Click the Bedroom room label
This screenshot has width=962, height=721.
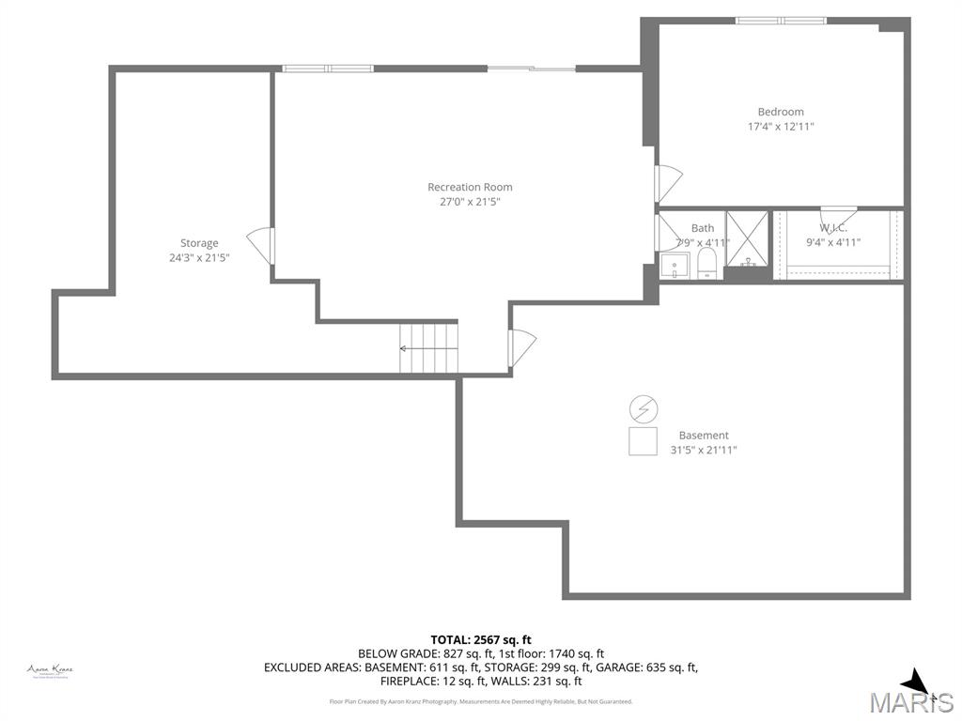click(781, 112)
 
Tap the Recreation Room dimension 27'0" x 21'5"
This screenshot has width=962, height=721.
click(470, 201)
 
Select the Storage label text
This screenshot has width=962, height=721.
click(199, 243)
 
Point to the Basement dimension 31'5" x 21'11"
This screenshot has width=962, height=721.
click(704, 450)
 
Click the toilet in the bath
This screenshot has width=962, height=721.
click(708, 265)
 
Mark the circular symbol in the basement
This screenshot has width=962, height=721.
click(644, 408)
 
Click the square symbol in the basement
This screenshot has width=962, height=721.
click(643, 441)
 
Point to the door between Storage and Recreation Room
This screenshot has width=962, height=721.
click(260, 247)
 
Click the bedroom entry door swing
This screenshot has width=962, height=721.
click(668, 182)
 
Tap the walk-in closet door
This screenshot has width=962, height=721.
click(836, 217)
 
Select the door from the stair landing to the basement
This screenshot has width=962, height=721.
click(521, 348)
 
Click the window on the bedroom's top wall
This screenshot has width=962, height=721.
click(781, 20)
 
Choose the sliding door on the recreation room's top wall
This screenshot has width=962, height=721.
click(532, 69)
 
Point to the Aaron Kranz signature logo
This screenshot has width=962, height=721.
click(50, 670)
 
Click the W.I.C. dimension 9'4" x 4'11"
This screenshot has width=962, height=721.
click(832, 242)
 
